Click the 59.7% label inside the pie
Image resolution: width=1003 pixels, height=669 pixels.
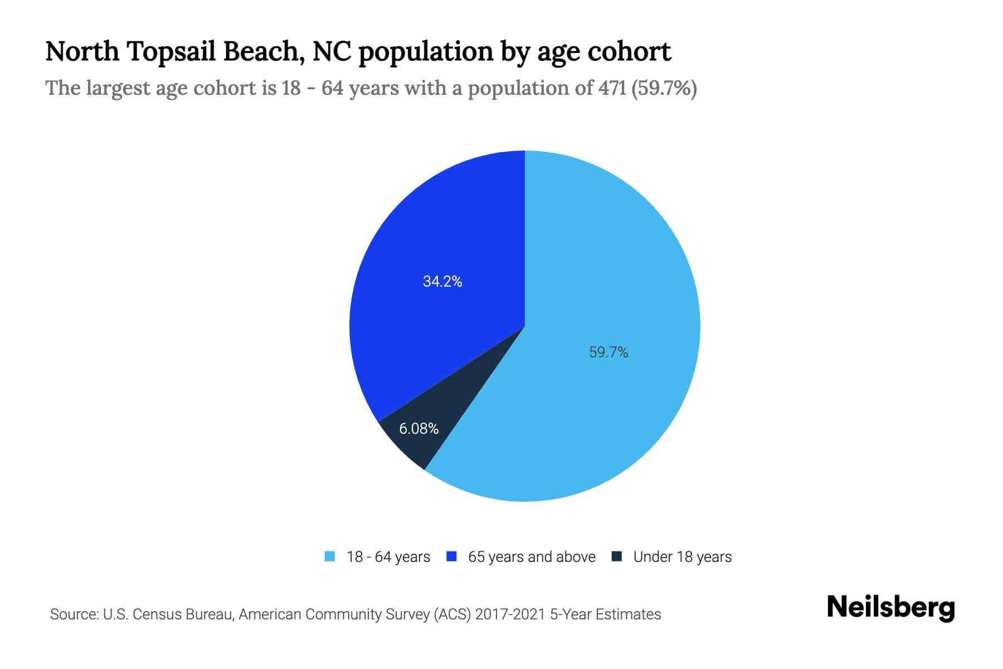(x=608, y=352)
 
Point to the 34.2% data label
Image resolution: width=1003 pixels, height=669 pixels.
(x=442, y=282)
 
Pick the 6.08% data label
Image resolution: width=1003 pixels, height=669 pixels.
(x=418, y=428)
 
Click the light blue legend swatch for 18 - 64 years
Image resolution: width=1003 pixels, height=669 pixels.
(x=330, y=556)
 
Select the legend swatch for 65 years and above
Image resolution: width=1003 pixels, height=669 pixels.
(x=452, y=556)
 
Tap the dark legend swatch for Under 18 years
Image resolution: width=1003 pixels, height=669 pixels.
(x=617, y=556)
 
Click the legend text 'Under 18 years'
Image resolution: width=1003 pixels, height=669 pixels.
(x=682, y=557)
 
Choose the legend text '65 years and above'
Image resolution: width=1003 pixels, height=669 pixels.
(x=532, y=557)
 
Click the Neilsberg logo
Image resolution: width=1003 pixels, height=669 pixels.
(x=890, y=608)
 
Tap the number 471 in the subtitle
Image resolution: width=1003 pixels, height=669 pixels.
(x=612, y=88)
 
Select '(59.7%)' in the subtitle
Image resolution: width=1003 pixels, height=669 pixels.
(x=664, y=88)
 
